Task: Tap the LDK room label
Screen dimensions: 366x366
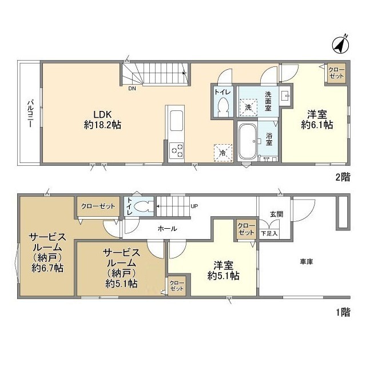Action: click(102, 114)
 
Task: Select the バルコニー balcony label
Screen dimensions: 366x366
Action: click(30, 114)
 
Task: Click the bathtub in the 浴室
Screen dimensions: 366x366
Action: click(247, 142)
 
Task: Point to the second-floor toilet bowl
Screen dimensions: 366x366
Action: click(224, 106)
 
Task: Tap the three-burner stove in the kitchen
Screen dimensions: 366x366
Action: click(176, 150)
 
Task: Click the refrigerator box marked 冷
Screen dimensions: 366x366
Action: click(223, 153)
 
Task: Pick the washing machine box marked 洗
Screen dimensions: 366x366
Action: click(248, 107)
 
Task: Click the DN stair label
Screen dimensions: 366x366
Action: click(132, 89)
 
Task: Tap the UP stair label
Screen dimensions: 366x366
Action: click(194, 206)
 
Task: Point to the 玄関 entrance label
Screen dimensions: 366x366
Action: click(277, 214)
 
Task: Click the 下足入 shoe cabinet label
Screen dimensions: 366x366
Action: click(269, 233)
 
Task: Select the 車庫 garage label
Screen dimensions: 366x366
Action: click(307, 262)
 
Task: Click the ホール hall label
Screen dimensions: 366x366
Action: click(168, 229)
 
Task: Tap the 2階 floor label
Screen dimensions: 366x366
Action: click(343, 177)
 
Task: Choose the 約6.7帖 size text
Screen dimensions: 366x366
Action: click(47, 268)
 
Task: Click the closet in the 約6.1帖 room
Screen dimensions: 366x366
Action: click(336, 73)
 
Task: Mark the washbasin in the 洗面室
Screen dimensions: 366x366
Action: click(285, 96)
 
